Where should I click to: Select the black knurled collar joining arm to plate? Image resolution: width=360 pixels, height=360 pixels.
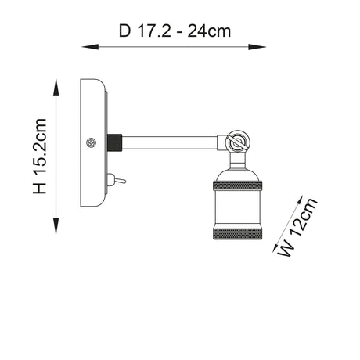click(x=116, y=143)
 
